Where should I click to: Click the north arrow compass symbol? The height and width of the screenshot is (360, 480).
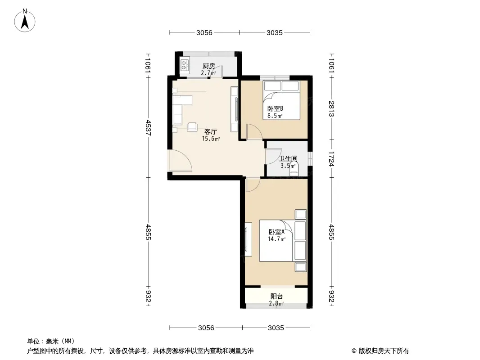coord(25,21)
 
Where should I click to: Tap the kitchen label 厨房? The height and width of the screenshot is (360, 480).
coord(209,66)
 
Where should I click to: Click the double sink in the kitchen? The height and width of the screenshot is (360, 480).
coord(185,65)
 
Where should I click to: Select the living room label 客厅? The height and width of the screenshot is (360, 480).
coord(211,132)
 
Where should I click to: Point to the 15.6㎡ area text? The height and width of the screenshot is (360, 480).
coord(211,139)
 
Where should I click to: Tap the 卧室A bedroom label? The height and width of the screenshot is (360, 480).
coord(276,232)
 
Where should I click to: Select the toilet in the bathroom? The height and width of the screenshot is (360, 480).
coord(294,170)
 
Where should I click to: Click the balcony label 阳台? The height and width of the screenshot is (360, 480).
coord(276,297)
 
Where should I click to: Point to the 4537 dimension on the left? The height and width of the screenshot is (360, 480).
coord(148,128)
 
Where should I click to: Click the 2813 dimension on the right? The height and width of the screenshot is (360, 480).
coord(331,108)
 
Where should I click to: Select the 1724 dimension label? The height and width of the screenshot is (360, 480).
coord(331,158)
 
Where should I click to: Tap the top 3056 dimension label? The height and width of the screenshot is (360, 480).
coord(204,32)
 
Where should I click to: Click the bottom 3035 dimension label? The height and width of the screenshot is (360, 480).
coord(276,328)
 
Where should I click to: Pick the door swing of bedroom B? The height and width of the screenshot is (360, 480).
coord(254,132)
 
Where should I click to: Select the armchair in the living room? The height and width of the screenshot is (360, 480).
coord(192,126)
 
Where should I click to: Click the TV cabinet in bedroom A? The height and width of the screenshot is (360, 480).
coord(248,239)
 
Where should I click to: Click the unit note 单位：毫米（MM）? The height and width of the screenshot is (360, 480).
coord(51,342)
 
